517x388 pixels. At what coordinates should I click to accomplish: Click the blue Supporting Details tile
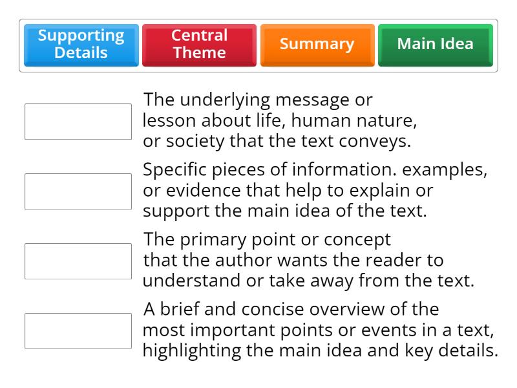click(81, 45)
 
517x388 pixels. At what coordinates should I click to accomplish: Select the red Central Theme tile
click(199, 45)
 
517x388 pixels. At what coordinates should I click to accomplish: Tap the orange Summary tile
click(317, 45)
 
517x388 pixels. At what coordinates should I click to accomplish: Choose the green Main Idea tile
click(435, 45)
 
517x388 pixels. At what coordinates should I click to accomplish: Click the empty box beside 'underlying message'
click(78, 122)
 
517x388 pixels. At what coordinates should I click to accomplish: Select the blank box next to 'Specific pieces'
click(78, 191)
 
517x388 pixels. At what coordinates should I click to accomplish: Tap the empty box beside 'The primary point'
click(78, 261)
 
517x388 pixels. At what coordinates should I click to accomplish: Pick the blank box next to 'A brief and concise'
click(78, 331)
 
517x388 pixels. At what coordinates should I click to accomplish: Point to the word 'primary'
click(214, 240)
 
